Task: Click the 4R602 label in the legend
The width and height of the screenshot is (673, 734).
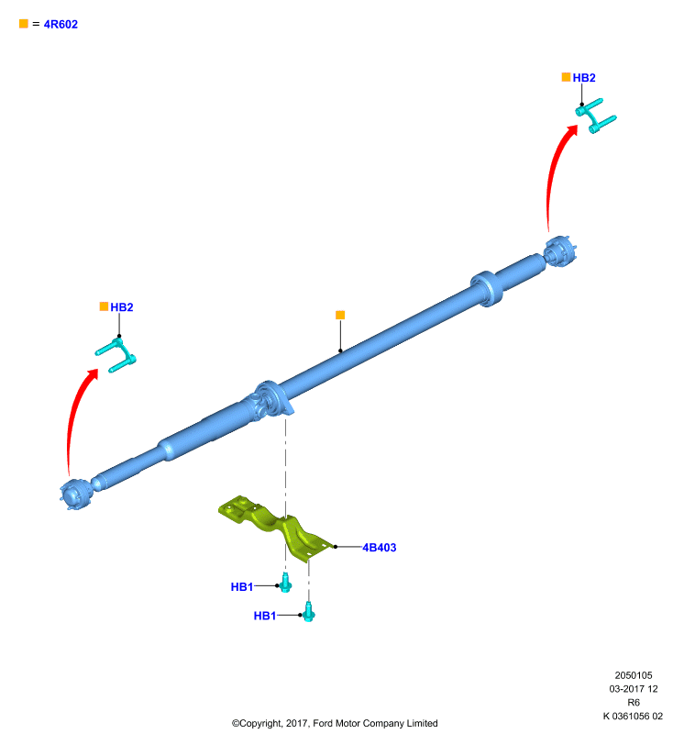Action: (61, 25)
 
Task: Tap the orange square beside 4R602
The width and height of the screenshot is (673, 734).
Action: (24, 24)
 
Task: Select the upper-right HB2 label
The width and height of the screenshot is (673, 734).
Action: (584, 78)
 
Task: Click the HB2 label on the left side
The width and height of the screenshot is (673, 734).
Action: (122, 307)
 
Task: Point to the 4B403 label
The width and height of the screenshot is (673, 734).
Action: (380, 547)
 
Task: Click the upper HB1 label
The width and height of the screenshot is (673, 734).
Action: (242, 586)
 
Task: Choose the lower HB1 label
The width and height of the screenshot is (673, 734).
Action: (265, 616)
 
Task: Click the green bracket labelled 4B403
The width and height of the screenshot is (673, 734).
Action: (276, 527)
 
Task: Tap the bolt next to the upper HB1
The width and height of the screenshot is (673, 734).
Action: (286, 584)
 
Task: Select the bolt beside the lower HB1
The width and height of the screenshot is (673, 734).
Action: (309, 612)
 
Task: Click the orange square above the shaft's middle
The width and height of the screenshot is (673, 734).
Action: (340, 315)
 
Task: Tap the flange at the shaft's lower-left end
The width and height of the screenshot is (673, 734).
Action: (76, 495)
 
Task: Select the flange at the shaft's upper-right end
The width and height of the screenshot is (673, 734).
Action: (561, 251)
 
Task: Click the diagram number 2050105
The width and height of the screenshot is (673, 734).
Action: (634, 675)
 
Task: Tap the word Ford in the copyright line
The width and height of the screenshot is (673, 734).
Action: (323, 723)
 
